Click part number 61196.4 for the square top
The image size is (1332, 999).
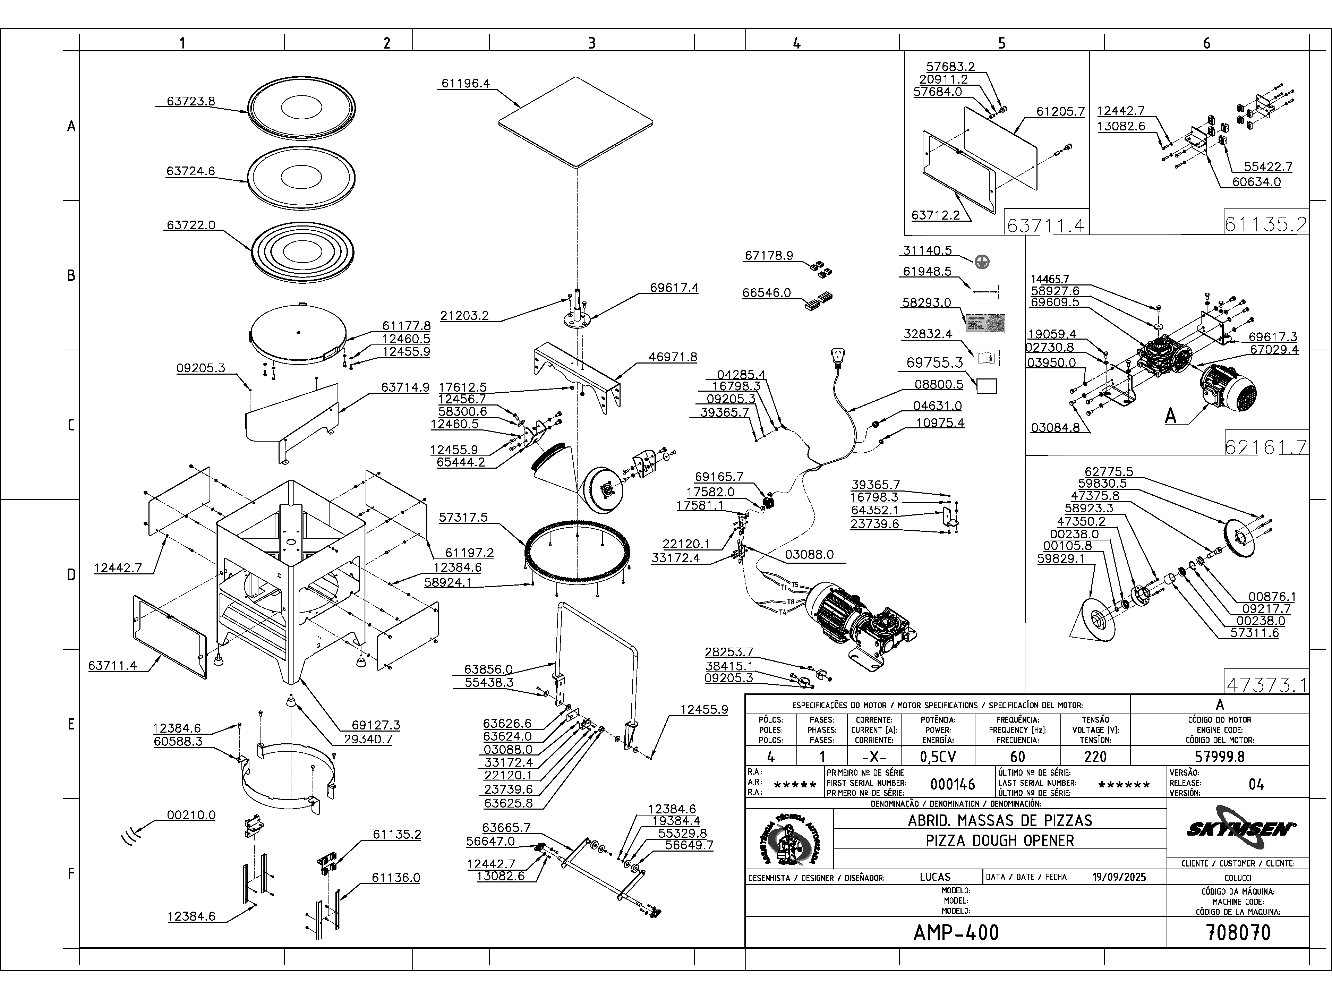pyautogui.click(x=466, y=84)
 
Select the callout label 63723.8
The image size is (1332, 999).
pyautogui.click(x=191, y=101)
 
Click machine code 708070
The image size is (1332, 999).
pyautogui.click(x=1239, y=933)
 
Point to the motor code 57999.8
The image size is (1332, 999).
pyautogui.click(x=1219, y=757)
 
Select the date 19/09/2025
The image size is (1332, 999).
pyautogui.click(x=1119, y=877)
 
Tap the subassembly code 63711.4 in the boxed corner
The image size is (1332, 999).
pyautogui.click(x=1045, y=225)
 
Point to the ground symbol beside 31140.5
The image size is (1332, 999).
pyautogui.click(x=982, y=261)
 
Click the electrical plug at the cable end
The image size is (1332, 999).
pyautogui.click(x=838, y=357)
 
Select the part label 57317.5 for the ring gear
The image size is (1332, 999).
pyautogui.click(x=463, y=517)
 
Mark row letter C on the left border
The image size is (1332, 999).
pyautogui.click(x=71, y=425)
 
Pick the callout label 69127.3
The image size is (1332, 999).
pyautogui.click(x=376, y=726)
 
